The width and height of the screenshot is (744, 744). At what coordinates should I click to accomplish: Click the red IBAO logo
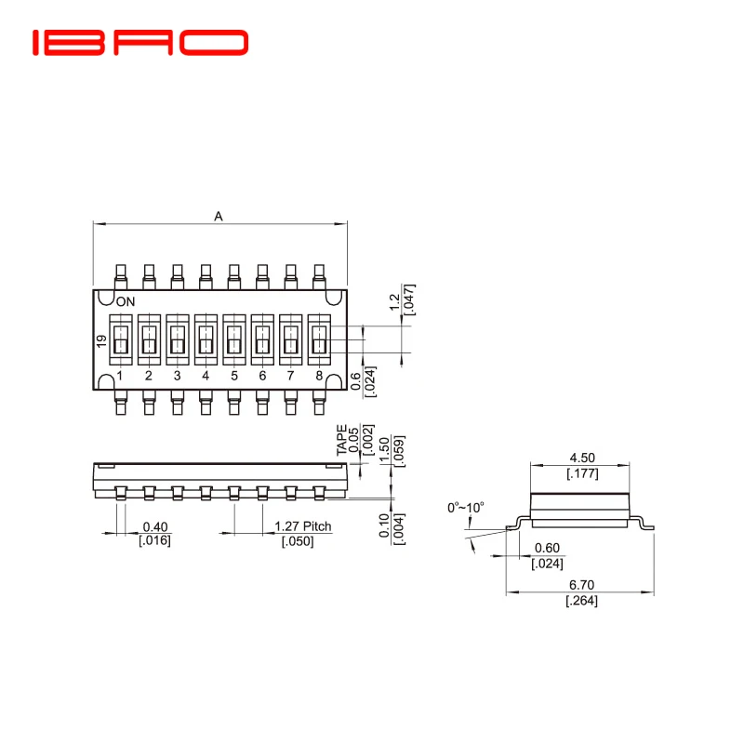point(140,43)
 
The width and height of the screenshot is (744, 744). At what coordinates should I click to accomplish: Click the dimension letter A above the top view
point(219,217)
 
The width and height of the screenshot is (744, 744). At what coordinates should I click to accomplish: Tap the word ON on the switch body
point(125,301)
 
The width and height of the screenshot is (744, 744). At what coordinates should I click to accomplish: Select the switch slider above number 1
point(120,340)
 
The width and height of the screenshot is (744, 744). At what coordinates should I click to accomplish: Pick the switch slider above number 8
point(319,340)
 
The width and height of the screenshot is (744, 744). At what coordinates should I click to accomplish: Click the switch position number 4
point(206,377)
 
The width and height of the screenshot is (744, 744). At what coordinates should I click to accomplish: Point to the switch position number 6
point(262,377)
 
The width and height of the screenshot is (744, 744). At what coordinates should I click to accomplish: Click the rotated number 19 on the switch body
point(101,341)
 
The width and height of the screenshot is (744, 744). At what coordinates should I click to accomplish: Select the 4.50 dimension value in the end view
point(582,458)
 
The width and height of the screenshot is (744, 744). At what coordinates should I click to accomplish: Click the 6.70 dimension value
point(582,586)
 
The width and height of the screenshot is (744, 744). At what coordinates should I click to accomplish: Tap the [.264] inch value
point(582,602)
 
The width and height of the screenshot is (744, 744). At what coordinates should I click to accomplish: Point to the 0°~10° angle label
point(466,508)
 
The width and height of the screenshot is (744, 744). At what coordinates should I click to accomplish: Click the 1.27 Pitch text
point(303,526)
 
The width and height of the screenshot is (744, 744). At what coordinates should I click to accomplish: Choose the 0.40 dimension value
point(155,526)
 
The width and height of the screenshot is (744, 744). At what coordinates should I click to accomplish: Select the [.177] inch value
point(582,473)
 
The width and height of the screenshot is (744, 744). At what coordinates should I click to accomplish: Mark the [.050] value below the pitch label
point(298,541)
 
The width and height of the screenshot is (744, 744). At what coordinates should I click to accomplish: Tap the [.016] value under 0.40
point(154,541)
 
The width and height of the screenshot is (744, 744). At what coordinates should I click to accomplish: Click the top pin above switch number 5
point(233,275)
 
